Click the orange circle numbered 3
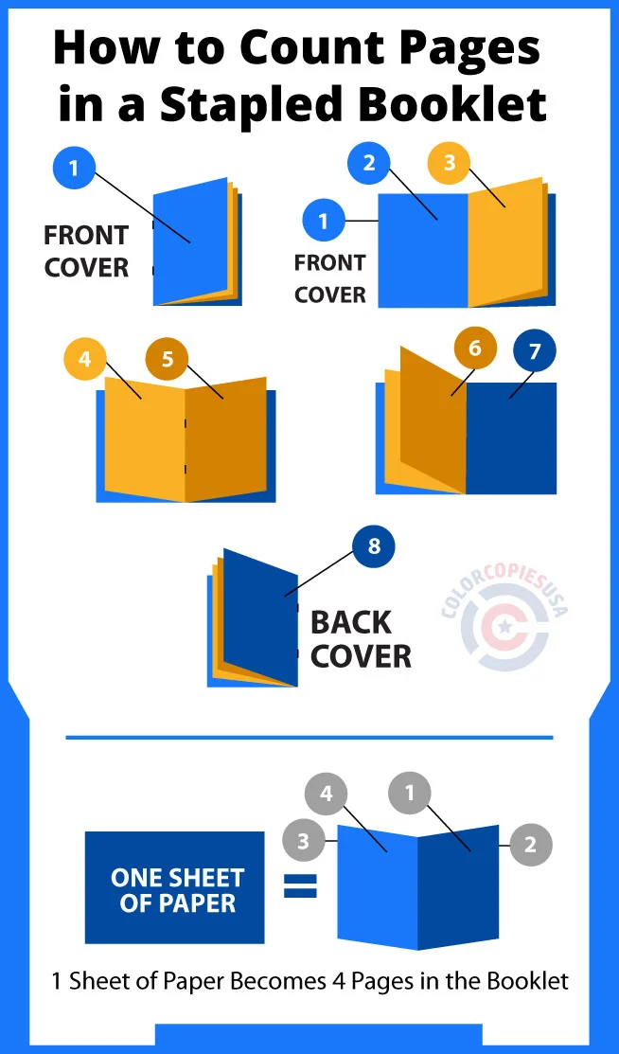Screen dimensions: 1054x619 pos(450,163)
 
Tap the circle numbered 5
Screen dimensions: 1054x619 pos(168,359)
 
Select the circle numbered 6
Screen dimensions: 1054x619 pos(475,348)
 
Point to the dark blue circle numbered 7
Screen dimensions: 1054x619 pos(535,352)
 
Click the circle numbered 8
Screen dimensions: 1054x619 pos(373,546)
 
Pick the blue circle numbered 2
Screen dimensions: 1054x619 pos(369,163)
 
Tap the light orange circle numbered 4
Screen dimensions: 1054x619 pos(85,359)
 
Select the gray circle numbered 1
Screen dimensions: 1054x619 pos(410,793)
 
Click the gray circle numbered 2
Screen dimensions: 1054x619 pos(530,845)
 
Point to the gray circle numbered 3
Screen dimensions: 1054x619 pos(304,839)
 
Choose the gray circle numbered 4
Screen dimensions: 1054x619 pos(327,794)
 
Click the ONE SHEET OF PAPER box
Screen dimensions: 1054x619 pos(175,887)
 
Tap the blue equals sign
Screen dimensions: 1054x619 pos(301,886)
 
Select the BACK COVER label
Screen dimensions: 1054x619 pos(360,639)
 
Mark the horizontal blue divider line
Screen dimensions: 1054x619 pos(309,737)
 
